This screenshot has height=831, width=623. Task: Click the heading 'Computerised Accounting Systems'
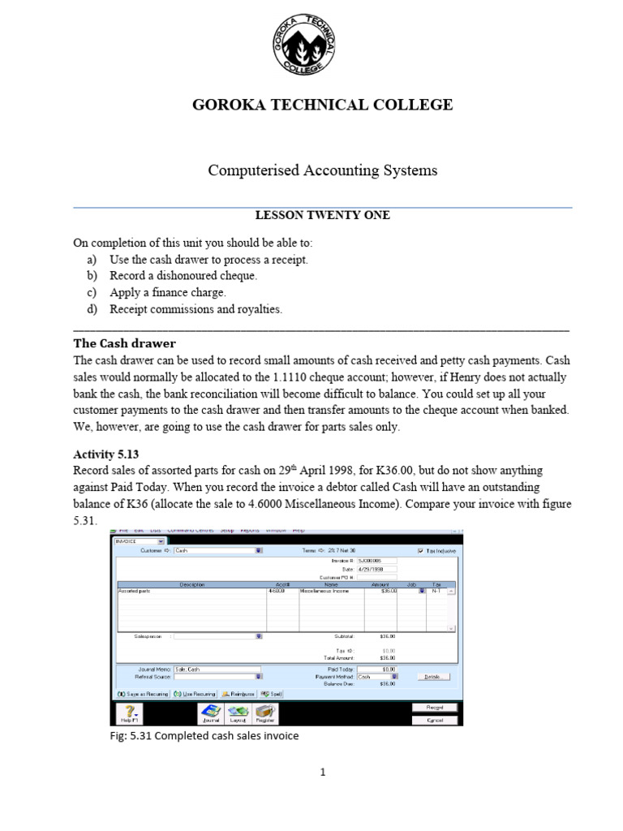point(322,170)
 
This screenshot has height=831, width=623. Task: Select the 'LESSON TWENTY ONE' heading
point(322,215)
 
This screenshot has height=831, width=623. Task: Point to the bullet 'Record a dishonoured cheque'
point(183,276)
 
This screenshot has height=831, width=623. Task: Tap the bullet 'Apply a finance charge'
point(168,292)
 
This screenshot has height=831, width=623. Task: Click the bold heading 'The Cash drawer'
point(124,343)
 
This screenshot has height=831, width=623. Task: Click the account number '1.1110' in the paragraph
point(290,377)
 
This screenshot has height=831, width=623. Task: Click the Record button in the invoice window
point(434,708)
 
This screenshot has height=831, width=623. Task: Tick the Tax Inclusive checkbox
point(419,550)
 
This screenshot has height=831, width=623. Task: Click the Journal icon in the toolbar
point(210,713)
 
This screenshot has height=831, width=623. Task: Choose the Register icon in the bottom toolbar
point(264,713)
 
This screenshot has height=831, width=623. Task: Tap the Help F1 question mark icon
point(130,713)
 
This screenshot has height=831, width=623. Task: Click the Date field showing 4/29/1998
point(376,569)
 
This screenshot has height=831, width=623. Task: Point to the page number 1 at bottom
point(322,773)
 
